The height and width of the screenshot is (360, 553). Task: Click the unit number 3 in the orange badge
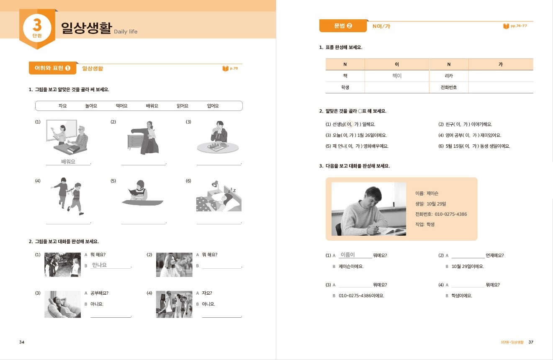click(x=37, y=26)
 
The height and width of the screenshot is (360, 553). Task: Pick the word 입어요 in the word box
click(x=213, y=106)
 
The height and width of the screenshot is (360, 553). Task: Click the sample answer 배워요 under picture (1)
click(x=68, y=162)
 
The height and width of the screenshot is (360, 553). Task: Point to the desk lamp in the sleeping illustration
click(x=215, y=184)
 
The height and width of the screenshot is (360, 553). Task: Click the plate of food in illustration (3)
click(x=218, y=147)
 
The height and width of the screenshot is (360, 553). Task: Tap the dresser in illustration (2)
click(x=136, y=141)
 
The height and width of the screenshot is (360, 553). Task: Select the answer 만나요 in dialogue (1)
click(x=99, y=265)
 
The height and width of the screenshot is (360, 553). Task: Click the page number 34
click(x=22, y=342)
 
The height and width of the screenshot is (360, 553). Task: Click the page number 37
click(x=531, y=342)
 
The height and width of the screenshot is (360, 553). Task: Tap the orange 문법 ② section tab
click(x=343, y=26)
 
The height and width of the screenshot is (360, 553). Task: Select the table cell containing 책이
click(x=396, y=76)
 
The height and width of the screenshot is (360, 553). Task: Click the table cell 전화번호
click(x=449, y=87)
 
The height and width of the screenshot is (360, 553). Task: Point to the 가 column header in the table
click(x=500, y=64)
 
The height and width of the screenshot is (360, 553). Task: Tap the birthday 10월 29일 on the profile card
click(x=436, y=204)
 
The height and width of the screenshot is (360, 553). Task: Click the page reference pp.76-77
click(x=518, y=26)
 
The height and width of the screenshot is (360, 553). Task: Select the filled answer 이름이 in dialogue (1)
click(x=348, y=255)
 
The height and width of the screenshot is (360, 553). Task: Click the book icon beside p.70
click(x=225, y=68)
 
